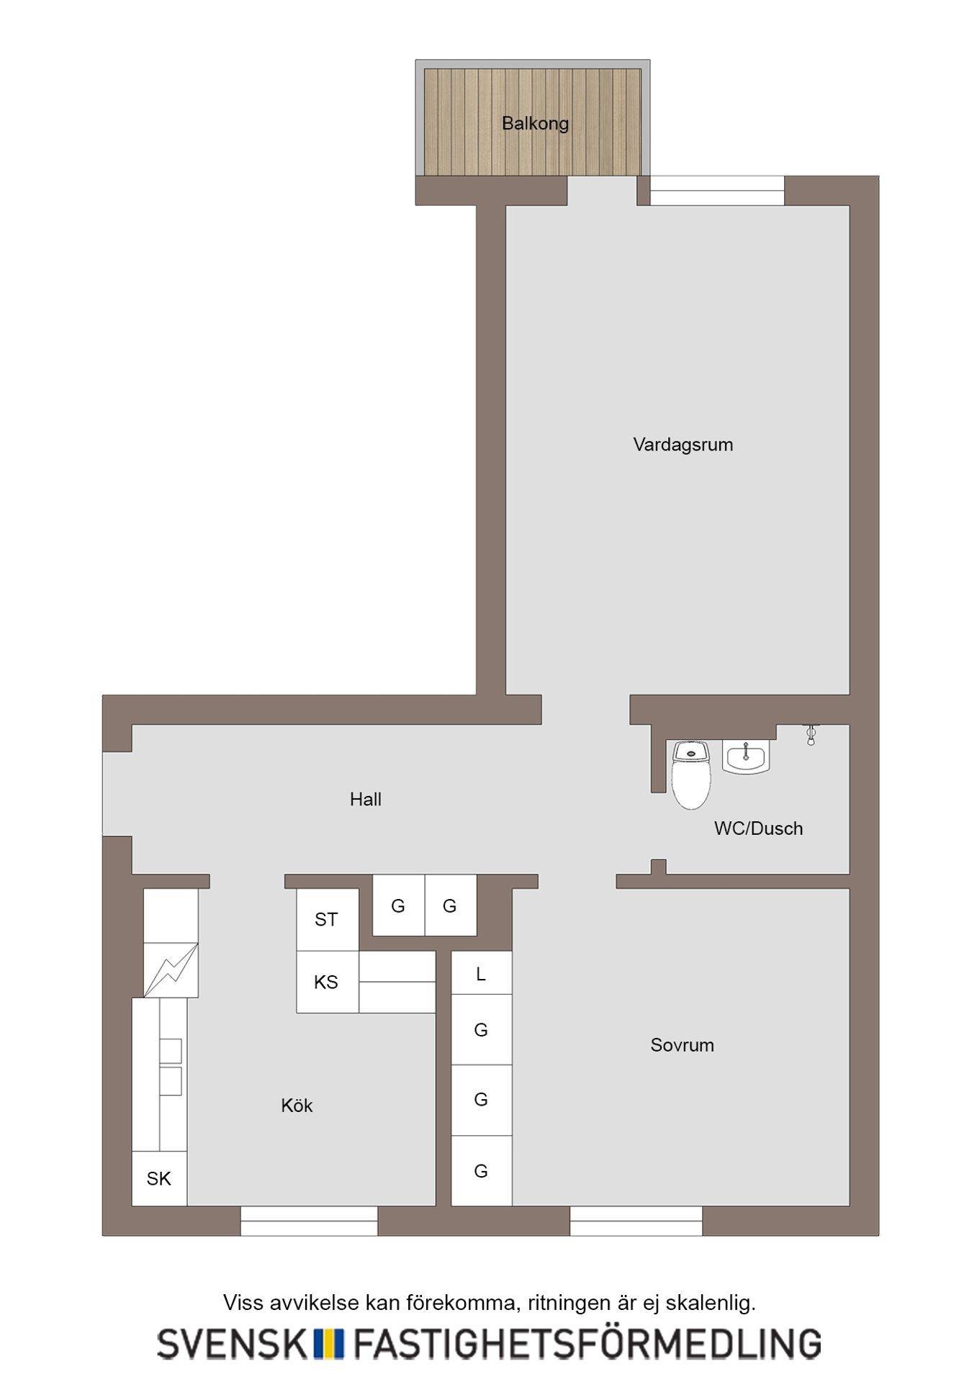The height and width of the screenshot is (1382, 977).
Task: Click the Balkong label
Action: click(535, 123)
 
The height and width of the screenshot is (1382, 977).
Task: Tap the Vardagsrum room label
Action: click(683, 445)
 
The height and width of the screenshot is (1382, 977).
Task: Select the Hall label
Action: click(366, 799)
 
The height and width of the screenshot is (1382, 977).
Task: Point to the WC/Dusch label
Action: click(758, 828)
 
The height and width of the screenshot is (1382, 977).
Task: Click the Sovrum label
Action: click(682, 1045)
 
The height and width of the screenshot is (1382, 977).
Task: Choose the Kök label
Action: click(297, 1106)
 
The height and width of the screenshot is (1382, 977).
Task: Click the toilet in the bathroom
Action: click(691, 774)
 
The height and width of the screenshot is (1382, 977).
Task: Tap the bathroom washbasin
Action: click(747, 757)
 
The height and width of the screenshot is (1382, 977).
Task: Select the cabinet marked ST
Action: click(327, 919)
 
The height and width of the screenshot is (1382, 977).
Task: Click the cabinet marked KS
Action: click(327, 982)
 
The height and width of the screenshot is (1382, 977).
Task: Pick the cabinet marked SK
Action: click(159, 1178)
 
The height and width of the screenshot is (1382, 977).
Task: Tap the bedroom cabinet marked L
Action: click(481, 973)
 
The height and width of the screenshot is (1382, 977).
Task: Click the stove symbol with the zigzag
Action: click(171, 970)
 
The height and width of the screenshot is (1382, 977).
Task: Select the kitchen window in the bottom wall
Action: click(309, 1221)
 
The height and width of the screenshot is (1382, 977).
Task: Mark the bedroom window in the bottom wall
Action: click(636, 1221)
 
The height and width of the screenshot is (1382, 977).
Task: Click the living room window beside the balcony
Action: click(717, 191)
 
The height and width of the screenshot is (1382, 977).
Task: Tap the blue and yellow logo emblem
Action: click(328, 1343)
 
